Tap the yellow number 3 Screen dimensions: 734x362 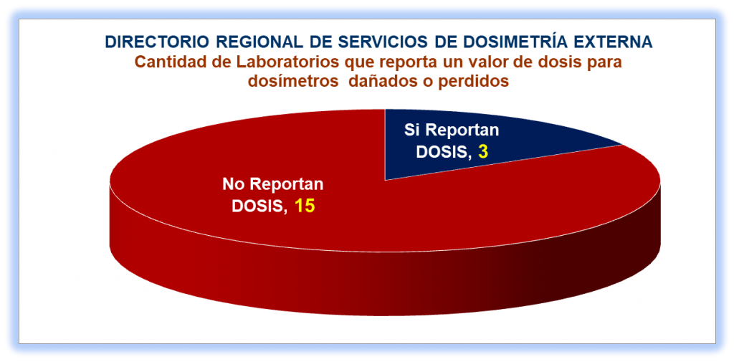[483, 152]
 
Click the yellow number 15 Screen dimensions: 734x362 [304, 206]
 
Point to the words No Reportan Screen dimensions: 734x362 [273, 184]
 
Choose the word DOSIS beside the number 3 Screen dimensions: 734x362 [444, 152]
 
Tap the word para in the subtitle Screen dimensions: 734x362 [603, 63]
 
